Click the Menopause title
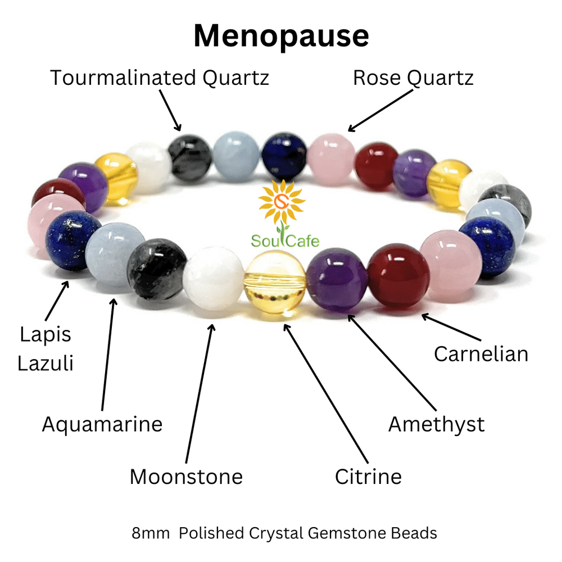coord(281,35)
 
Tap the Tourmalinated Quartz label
coord(160,78)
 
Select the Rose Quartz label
coord(413,78)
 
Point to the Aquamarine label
coord(102,424)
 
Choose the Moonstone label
coord(186,477)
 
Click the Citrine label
coord(368,477)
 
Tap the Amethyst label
coord(436,424)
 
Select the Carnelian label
coord(481,353)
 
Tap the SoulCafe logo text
coord(285,241)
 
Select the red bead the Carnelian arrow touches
coord(398,275)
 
